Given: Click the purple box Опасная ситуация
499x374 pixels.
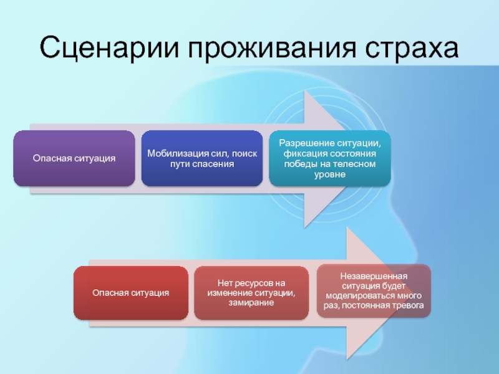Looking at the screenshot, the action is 74,158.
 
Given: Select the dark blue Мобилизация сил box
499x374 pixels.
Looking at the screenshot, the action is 201,158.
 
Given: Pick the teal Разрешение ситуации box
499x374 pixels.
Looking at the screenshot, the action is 329,158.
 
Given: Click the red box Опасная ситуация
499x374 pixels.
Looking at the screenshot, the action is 131,292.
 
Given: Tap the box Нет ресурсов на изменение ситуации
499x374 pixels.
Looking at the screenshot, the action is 251,292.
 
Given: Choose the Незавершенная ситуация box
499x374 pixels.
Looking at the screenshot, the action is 374,290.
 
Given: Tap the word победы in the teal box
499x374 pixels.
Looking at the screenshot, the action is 299,164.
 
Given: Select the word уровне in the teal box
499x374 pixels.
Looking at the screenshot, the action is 329,175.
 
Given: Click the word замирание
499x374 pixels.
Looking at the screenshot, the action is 251,303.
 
